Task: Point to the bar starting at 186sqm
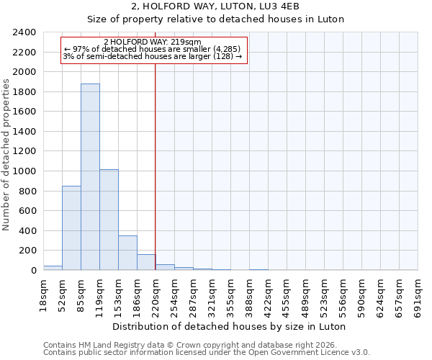tap(146, 262)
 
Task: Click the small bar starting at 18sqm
tap(53, 268)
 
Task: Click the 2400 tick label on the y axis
tap(24, 33)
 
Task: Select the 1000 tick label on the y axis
tap(24, 171)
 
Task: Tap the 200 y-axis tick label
tap(27, 251)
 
